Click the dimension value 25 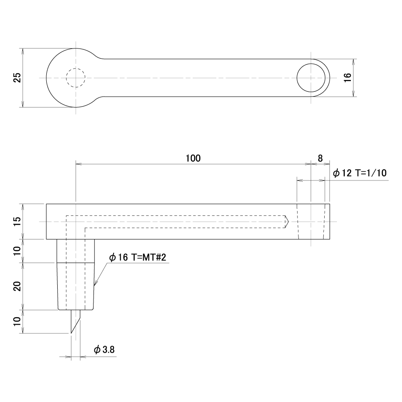tap(17, 78)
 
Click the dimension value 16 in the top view tap(347, 77)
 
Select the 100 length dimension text tap(193, 158)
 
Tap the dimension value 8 tap(320, 158)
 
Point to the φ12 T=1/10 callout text tap(360, 173)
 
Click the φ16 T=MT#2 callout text tap(137, 257)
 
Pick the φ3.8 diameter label tap(104, 350)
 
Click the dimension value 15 tap(17, 222)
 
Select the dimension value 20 tap(17, 286)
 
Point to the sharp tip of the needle tap(71, 333)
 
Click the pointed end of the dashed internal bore tap(289, 222)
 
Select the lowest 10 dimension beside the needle tap(17, 321)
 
